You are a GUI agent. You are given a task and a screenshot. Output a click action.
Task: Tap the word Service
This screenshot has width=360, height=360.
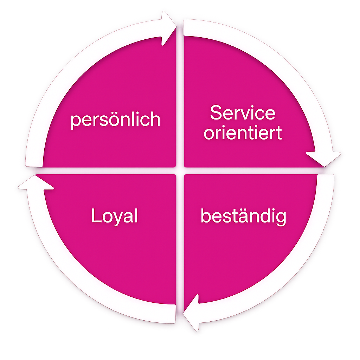point(243,113)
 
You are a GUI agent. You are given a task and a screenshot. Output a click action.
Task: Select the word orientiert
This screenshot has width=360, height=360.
point(243,133)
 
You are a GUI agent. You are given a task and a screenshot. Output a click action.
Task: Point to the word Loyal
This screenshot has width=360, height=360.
point(114,216)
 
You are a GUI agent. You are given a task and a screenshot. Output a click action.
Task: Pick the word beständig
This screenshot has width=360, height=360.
point(243,216)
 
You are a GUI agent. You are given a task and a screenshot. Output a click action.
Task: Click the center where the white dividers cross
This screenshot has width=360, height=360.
point(180,171)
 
